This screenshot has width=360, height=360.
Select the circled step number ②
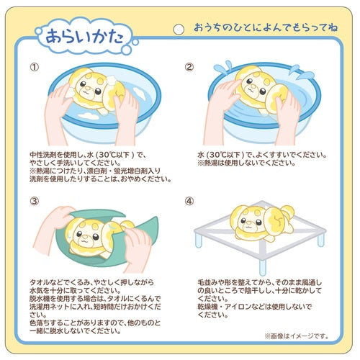click(x=189, y=68)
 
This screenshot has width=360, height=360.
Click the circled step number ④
click(x=189, y=201)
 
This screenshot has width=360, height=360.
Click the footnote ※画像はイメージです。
click(x=294, y=336)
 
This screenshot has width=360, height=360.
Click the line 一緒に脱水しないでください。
click(x=84, y=331)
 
